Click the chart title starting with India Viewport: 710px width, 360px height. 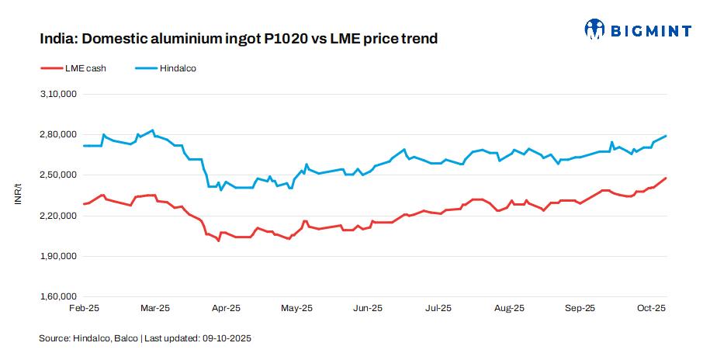pos(238,38)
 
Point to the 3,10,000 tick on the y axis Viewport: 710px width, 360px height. pos(57,94)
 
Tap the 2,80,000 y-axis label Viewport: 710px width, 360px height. pos(57,134)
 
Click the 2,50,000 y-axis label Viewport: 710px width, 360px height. pos(57,175)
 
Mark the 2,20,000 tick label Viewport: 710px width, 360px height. pos(57,216)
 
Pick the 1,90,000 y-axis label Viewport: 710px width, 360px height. pos(57,256)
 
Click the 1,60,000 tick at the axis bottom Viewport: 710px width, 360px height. pos(57,296)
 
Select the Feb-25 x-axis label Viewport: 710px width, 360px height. pos(84,308)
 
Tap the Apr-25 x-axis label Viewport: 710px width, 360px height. pos(226,308)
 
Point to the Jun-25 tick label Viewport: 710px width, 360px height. pos(368,308)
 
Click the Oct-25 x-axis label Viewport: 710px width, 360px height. pos(651,308)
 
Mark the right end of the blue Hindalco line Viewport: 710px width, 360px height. pos(667,136)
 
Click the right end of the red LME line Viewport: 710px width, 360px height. pos(667,178)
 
